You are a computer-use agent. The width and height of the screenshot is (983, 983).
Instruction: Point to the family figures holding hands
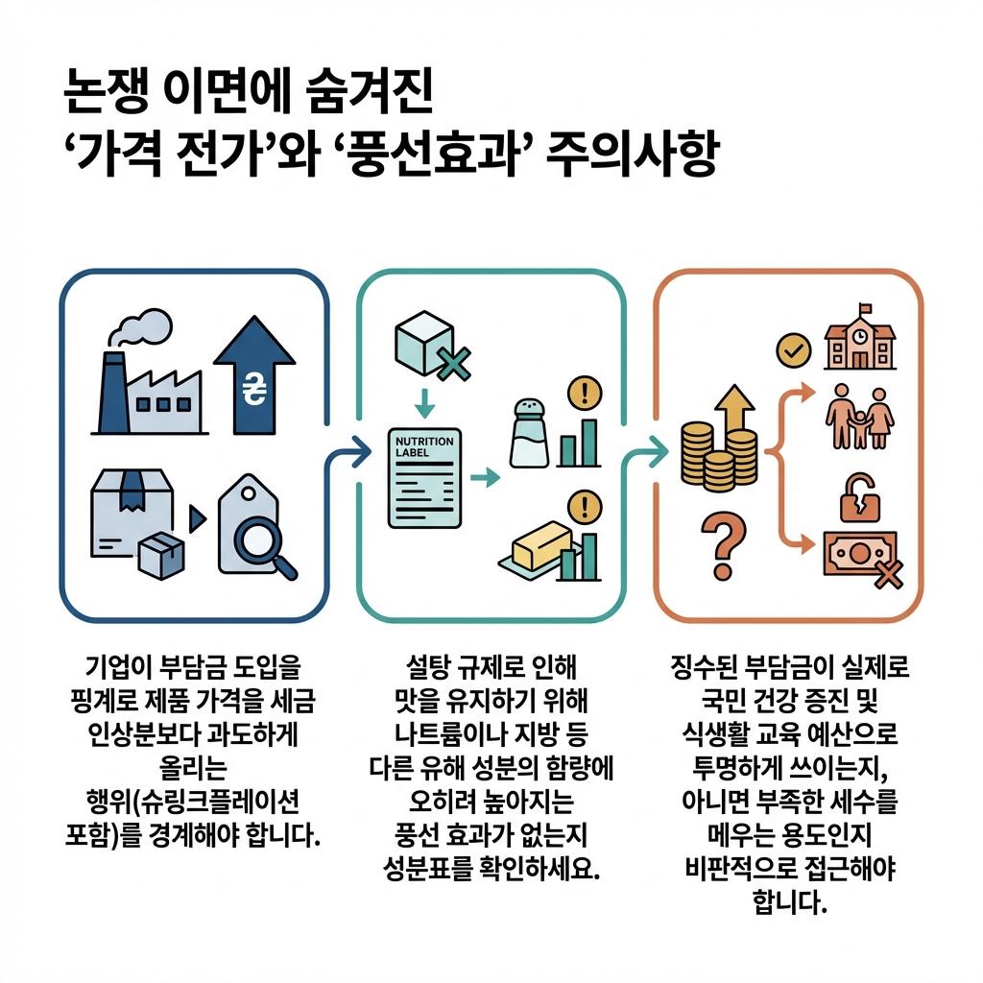pyautogui.click(x=860, y=419)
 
